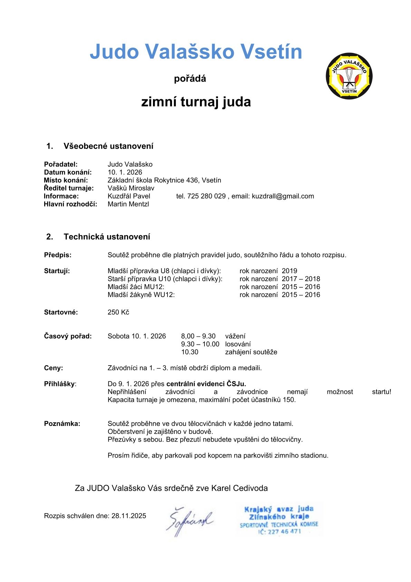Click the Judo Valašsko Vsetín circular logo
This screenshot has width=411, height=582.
point(349,76)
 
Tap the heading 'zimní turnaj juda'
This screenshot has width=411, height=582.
point(196,102)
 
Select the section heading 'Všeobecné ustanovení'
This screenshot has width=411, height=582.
point(108,146)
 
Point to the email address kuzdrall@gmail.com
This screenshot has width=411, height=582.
point(283,196)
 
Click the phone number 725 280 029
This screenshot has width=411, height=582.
point(206,196)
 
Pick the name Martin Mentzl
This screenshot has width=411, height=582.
point(128,204)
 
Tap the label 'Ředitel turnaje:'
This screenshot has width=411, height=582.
point(69,188)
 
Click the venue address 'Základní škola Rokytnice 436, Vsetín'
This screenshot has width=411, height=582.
point(164,180)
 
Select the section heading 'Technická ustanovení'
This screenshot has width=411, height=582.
point(107,237)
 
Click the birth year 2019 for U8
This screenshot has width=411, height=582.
point(289,271)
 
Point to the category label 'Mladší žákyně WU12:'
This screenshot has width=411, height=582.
point(141,295)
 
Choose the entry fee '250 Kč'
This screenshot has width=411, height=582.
point(118,312)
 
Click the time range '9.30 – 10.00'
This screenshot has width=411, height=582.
point(200,344)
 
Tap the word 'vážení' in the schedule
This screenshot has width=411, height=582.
point(235,336)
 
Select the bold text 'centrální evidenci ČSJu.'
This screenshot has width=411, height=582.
point(206,384)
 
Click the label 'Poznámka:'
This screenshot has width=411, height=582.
point(62,424)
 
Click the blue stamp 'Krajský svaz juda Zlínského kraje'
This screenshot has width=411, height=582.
point(279,519)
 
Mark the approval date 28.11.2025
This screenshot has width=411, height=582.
point(128,516)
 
